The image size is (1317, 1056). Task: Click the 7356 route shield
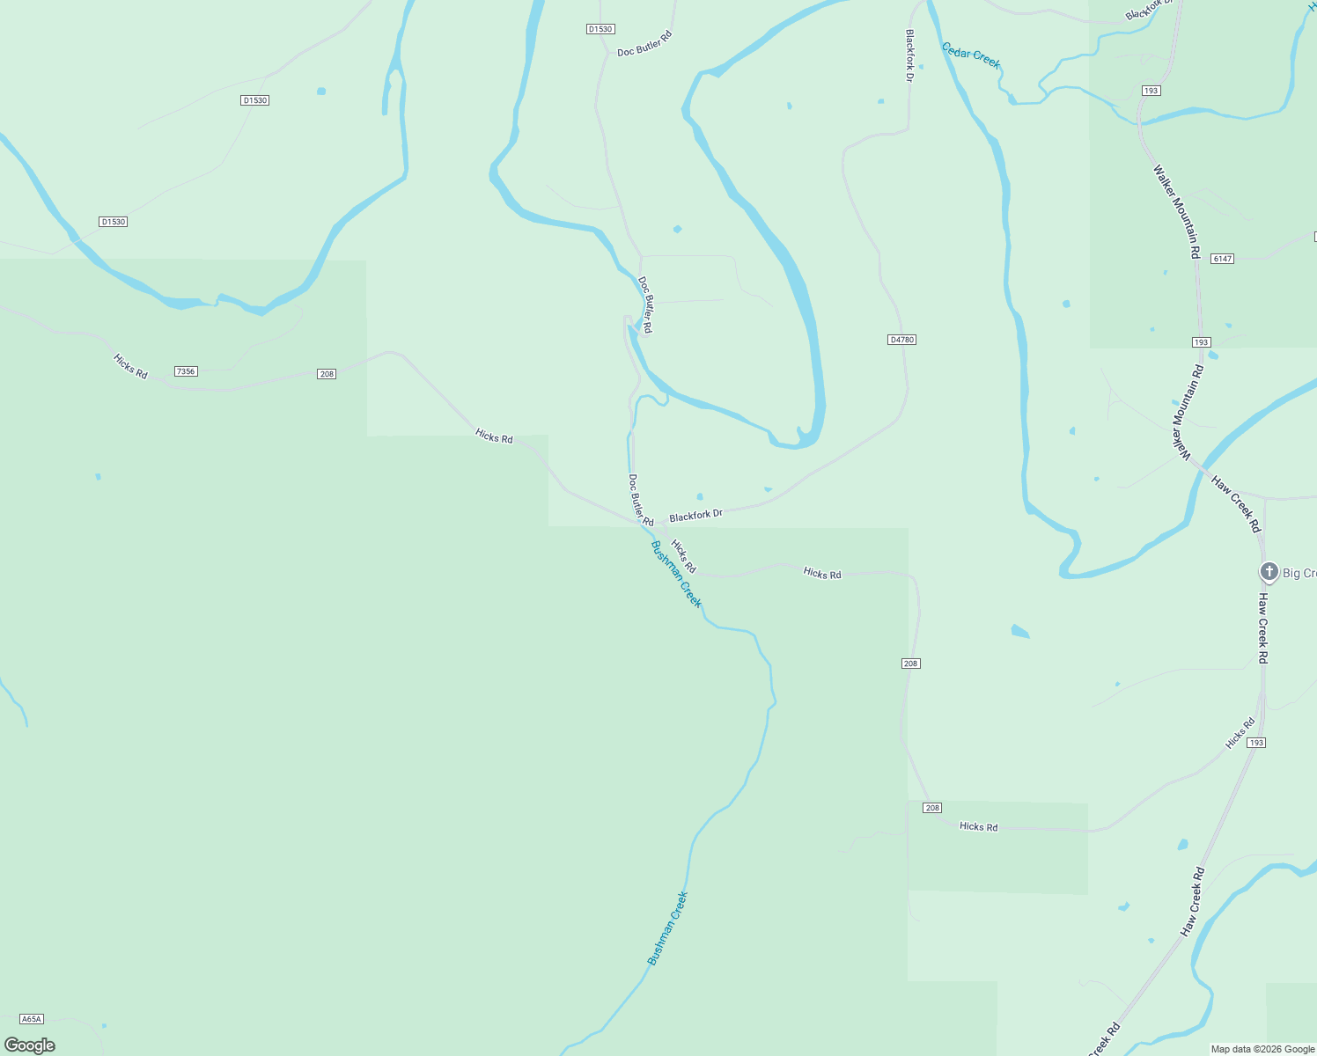coord(186,371)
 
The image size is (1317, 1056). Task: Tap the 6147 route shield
coord(1222,259)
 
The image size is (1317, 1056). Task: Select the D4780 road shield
coord(901,340)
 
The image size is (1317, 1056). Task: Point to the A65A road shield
coord(31,1019)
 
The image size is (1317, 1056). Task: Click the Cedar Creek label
coord(971,55)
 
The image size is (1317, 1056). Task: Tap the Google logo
coord(30,1045)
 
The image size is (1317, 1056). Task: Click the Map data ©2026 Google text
coord(1262,1049)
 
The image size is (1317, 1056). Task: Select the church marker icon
coord(1269,572)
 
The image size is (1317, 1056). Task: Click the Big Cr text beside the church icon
coord(1299,574)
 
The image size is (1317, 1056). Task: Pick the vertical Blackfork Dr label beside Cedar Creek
coord(910,55)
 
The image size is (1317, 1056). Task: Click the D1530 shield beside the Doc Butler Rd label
coord(600,29)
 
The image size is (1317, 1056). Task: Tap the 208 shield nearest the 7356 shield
coord(327,374)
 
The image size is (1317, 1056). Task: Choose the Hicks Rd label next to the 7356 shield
coord(130,366)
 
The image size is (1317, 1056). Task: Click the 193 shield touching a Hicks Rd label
coord(1256,743)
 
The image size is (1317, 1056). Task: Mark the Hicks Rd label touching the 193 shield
coord(1240,734)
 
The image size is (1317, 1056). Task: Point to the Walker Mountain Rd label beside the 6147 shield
coord(1177,211)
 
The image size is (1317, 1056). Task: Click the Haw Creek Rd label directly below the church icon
coord(1262,628)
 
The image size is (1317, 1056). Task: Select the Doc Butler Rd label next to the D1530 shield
coord(644,44)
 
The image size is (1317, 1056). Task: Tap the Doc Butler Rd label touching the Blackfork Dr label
coord(640,500)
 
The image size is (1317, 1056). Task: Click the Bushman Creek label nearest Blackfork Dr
coord(676,575)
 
